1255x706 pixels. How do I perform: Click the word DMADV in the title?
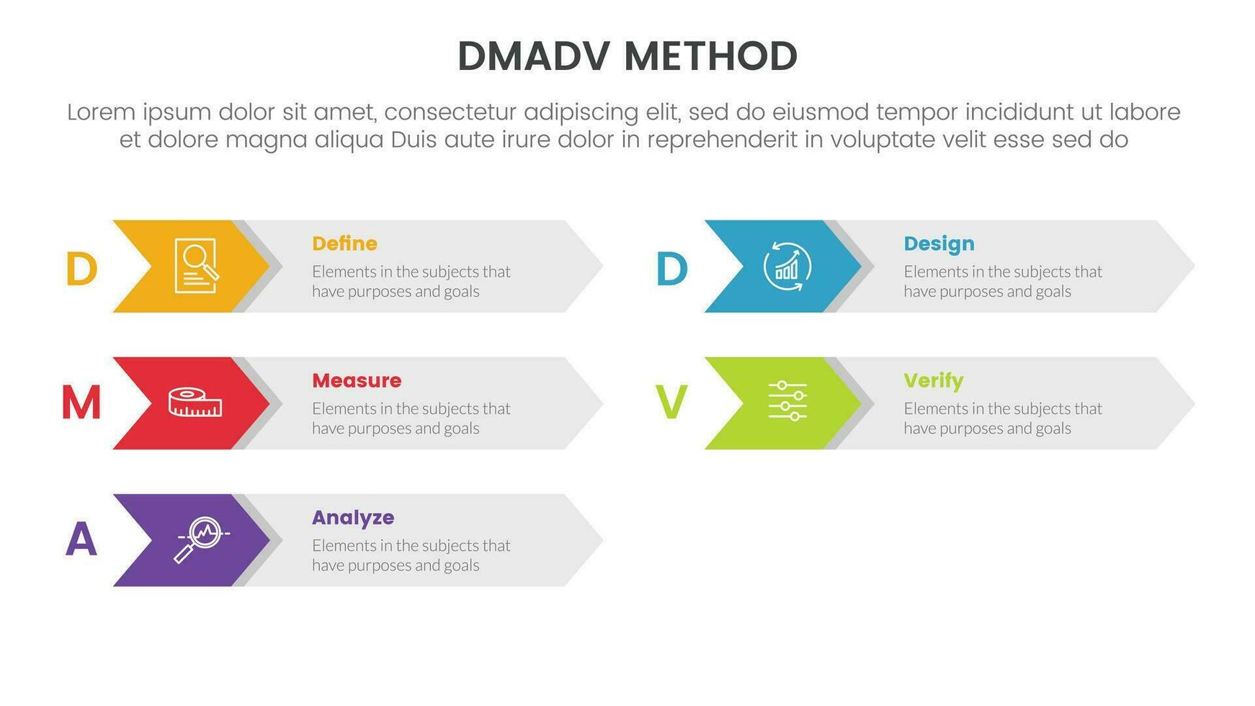[x=533, y=56]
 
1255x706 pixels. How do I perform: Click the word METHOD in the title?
[x=710, y=56]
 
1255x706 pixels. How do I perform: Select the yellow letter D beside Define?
[x=81, y=269]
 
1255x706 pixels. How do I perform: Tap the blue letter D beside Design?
[x=671, y=269]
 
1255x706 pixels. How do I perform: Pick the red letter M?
[x=81, y=403]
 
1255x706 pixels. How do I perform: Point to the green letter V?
[x=671, y=403]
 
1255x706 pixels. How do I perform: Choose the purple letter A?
[x=81, y=540]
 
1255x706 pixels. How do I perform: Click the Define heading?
[x=344, y=243]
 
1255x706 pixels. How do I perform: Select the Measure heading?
[x=357, y=380]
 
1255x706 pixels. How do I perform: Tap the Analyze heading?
[x=353, y=517]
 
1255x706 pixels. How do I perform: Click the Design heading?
[x=939, y=243]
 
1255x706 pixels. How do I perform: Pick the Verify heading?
[x=933, y=380]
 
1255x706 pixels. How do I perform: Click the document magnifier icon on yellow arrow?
[x=196, y=266]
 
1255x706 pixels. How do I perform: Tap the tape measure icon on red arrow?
[x=195, y=403]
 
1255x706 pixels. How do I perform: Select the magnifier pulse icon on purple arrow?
[x=200, y=539]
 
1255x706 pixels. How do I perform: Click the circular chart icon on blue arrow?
[x=787, y=267]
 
